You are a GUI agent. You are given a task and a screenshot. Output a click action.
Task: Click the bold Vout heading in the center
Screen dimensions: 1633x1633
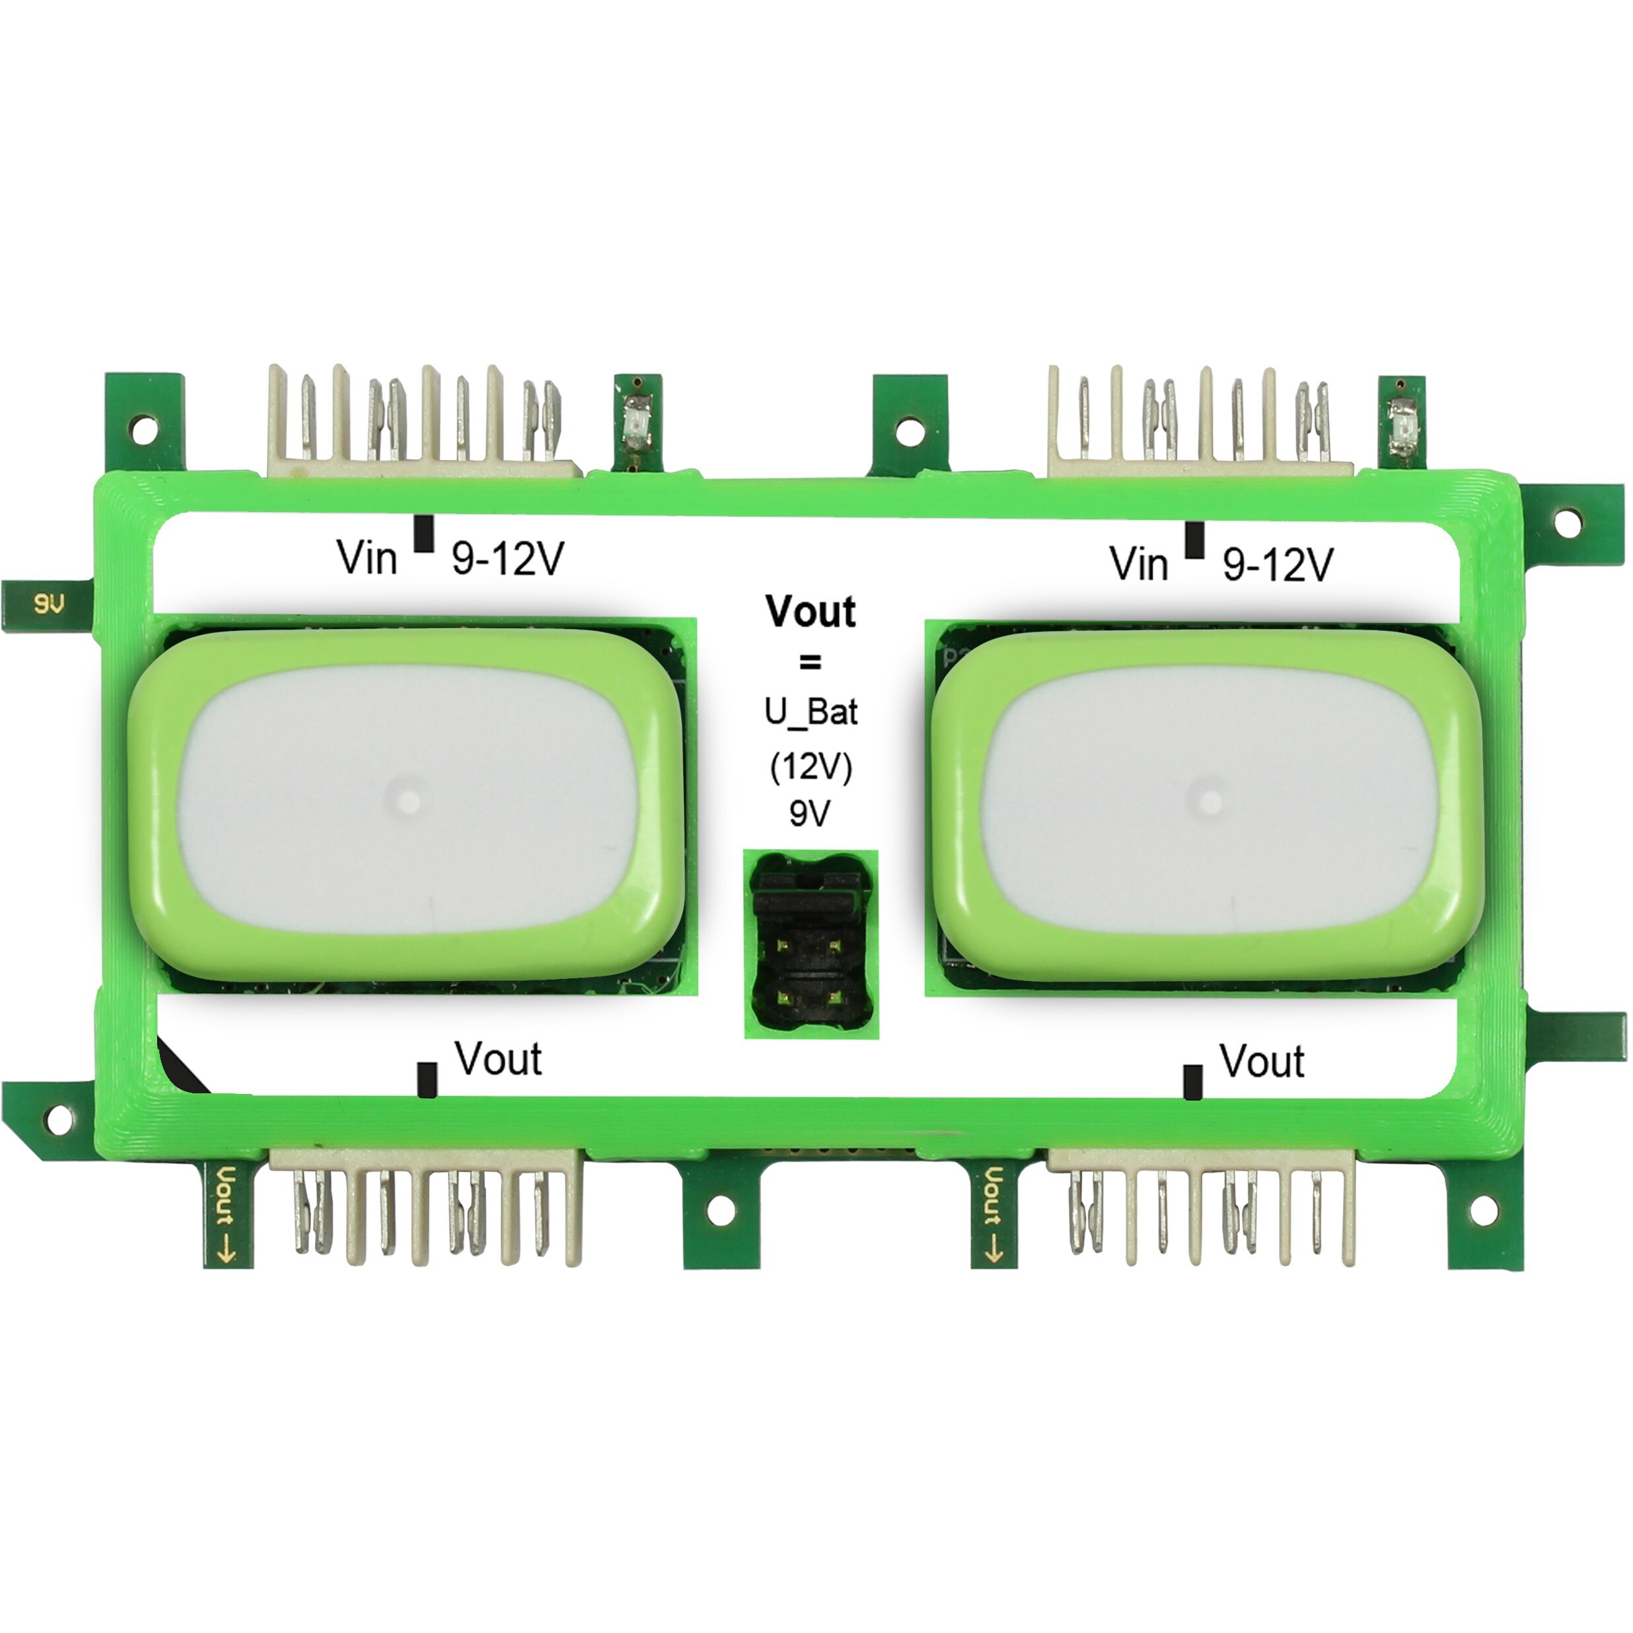(x=811, y=611)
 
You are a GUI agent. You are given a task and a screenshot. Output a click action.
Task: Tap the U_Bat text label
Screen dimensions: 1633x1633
(x=811, y=713)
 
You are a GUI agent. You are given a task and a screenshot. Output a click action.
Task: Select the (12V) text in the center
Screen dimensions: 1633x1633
(x=811, y=767)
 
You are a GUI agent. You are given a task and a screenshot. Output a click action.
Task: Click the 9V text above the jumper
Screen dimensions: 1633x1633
(x=810, y=814)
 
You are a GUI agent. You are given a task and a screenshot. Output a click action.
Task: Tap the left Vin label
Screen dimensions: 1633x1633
(x=367, y=558)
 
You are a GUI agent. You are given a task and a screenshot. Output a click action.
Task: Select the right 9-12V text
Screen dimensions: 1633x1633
(x=1278, y=563)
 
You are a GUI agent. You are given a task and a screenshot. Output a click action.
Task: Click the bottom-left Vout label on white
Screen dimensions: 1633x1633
(x=499, y=1058)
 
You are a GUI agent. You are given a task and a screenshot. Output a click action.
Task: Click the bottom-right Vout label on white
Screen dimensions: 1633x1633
(x=1261, y=1062)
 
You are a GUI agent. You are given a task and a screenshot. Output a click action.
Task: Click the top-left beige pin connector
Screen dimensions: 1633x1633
(x=423, y=423)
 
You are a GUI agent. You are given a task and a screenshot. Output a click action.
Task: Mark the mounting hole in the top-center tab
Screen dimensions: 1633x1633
(x=908, y=431)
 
